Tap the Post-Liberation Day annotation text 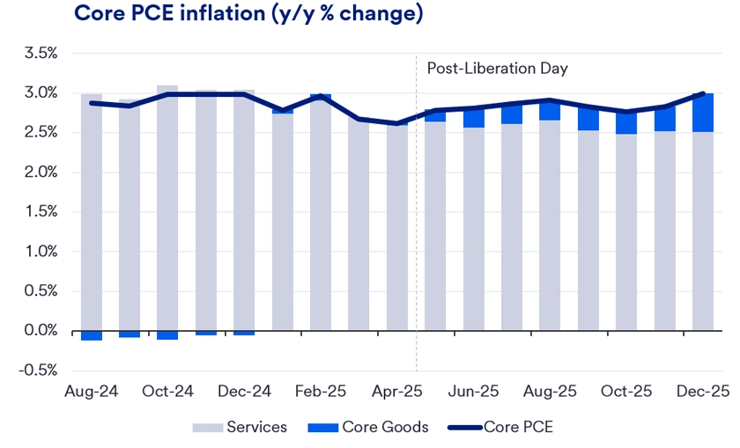point(497,69)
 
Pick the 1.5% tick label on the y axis point(41,212)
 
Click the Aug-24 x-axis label point(92,390)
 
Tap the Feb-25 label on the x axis point(321,390)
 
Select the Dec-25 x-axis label point(703,390)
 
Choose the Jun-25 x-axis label point(474,390)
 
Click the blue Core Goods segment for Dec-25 point(703,113)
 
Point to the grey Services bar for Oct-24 point(167,211)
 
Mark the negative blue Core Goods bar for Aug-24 point(92,335)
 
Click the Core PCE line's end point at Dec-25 point(703,93)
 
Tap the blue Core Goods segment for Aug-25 point(550,111)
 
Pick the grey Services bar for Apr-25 point(397,229)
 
